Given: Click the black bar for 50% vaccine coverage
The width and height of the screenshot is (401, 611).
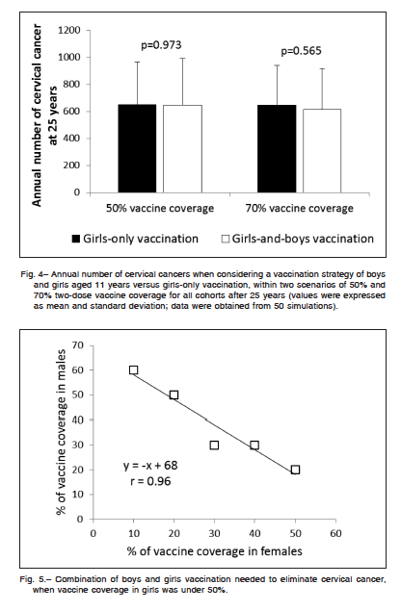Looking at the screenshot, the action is click(x=137, y=148).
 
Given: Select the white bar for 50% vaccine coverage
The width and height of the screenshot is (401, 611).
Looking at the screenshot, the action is click(x=182, y=149).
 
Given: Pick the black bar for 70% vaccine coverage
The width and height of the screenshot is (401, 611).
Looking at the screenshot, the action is click(x=277, y=149).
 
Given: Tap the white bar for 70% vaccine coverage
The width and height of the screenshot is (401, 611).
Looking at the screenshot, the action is click(x=322, y=151).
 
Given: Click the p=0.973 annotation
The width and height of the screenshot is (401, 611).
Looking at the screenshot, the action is click(x=161, y=45).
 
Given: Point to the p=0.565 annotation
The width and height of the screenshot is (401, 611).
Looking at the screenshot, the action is click(x=301, y=51).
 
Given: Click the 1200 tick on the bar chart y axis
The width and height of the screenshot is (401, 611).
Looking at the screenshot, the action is click(x=69, y=31).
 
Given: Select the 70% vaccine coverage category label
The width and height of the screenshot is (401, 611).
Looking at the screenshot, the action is click(x=300, y=208).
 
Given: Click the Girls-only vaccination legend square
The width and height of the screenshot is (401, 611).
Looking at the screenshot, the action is click(x=76, y=239).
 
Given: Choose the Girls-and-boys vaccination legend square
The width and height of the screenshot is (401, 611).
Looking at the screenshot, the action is click(x=226, y=239).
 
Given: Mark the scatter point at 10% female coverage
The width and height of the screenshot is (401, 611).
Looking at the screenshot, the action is click(x=134, y=369).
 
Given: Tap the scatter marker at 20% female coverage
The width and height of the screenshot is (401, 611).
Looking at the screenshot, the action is click(x=174, y=395).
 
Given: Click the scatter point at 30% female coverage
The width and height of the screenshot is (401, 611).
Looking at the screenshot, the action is click(x=214, y=445).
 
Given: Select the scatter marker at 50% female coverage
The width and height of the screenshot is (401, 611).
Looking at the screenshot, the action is click(x=296, y=470).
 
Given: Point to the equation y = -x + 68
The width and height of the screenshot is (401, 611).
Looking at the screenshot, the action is click(x=150, y=466).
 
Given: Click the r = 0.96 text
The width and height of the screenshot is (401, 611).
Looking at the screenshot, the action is click(x=150, y=481).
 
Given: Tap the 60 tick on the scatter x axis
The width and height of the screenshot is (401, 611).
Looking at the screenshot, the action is click(x=335, y=533).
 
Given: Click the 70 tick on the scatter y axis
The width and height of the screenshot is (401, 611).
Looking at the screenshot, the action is click(x=78, y=345).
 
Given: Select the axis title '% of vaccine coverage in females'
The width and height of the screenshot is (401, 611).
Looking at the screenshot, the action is click(x=215, y=551).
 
